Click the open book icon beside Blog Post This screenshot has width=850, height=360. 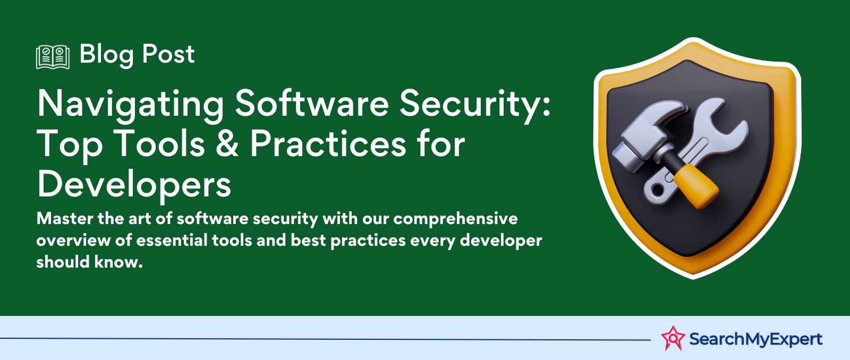point(53,57)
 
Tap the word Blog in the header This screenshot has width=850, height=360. point(107,55)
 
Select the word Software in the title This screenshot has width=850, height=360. point(312,102)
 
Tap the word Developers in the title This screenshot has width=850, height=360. point(134,185)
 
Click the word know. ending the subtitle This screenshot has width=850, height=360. point(118,262)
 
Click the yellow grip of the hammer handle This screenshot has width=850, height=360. point(696,186)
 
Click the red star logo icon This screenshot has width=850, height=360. point(673,338)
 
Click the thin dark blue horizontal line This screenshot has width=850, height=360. point(325,339)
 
